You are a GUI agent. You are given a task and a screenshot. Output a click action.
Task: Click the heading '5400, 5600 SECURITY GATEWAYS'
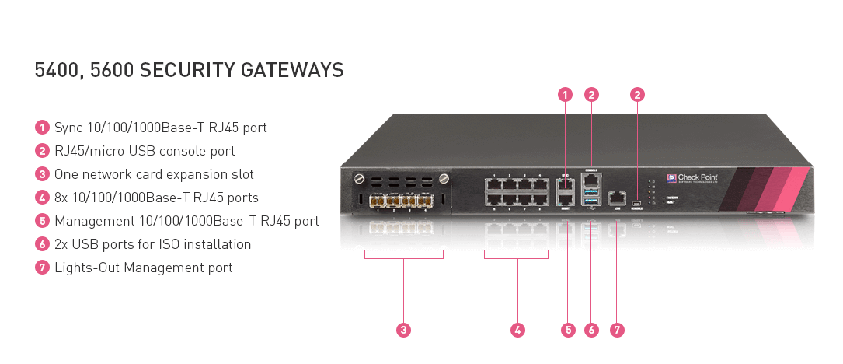tap(189, 70)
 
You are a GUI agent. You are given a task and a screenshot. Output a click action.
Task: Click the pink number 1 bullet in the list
tap(42, 128)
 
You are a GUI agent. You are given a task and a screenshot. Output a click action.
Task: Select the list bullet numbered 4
tap(42, 198)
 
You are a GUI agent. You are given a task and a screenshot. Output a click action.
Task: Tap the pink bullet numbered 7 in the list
tap(42, 268)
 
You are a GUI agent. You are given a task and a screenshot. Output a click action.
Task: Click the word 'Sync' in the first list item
tap(68, 128)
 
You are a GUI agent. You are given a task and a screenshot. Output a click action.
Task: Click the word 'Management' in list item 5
tap(91, 221)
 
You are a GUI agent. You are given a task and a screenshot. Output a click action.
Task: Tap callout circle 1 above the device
tap(566, 95)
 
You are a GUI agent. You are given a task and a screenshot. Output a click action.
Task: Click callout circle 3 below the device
tap(403, 330)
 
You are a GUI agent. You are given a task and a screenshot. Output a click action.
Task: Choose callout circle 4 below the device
tap(518, 330)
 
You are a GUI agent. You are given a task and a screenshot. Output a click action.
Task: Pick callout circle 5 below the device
tap(568, 330)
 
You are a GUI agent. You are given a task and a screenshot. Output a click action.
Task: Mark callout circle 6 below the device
tap(592, 330)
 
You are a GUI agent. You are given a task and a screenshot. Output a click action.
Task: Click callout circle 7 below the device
tap(617, 330)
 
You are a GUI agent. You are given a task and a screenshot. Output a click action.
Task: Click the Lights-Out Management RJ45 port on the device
tap(617, 198)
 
